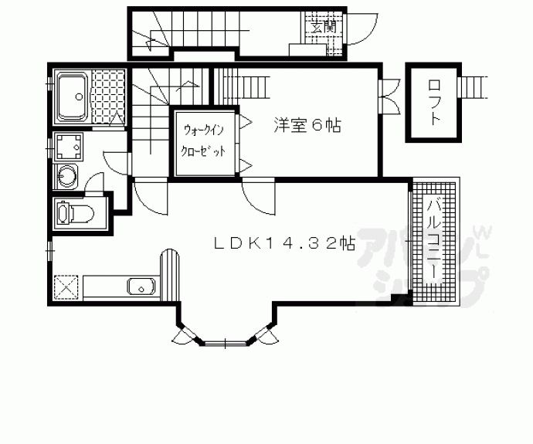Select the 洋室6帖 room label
307,124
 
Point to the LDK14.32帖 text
284,243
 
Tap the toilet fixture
71,212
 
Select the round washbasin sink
66,176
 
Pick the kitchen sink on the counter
141,287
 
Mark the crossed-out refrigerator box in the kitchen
66,287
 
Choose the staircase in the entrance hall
154,35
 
